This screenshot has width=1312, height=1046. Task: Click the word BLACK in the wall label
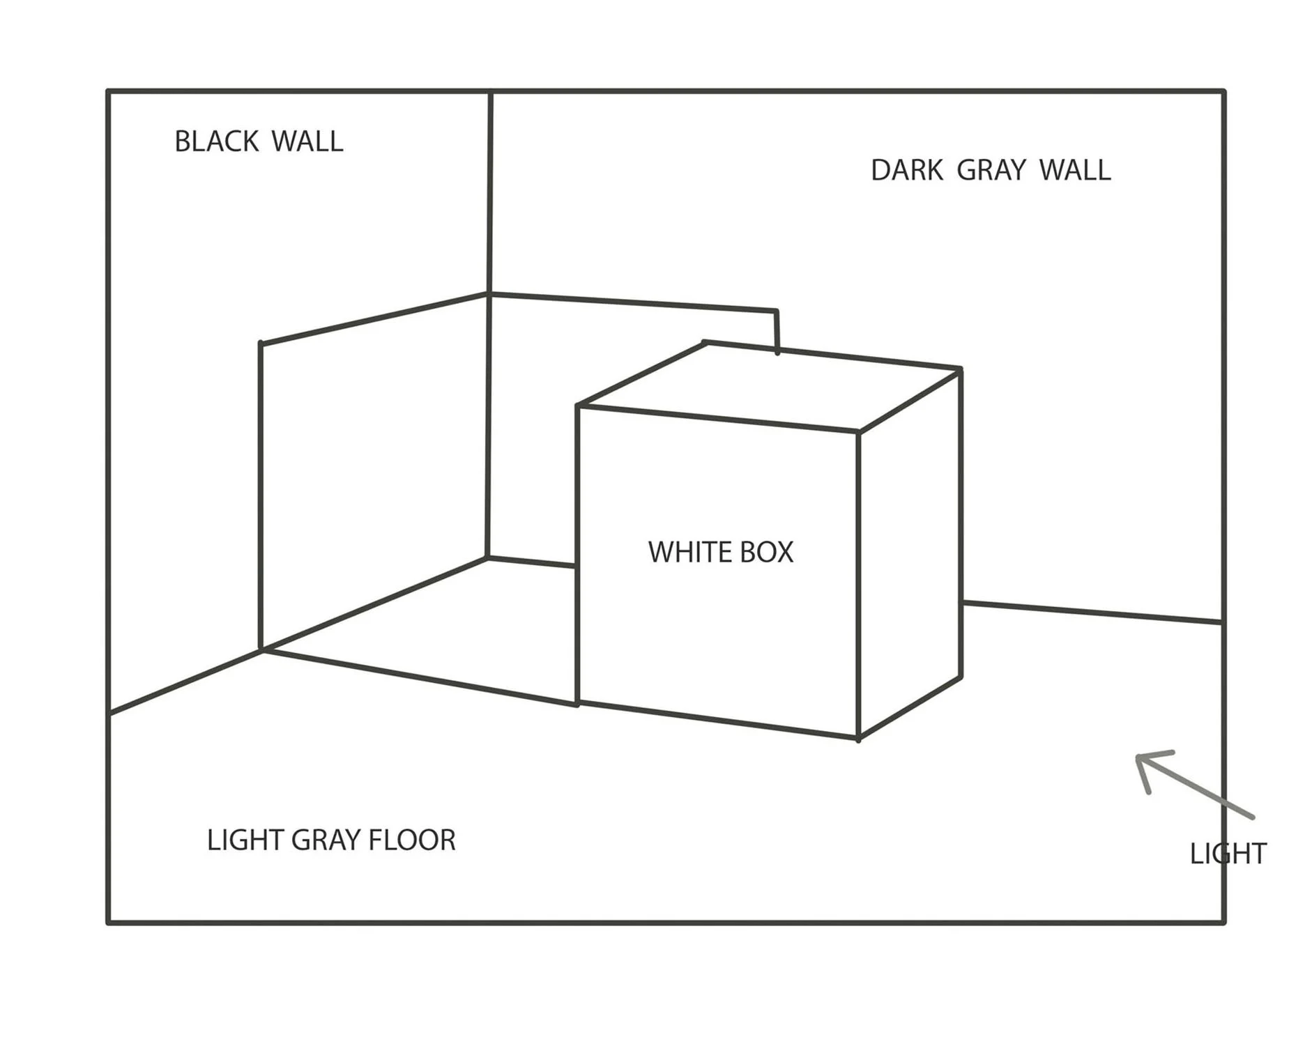pyautogui.click(x=217, y=141)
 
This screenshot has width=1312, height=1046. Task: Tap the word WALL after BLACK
pyautogui.click(x=307, y=141)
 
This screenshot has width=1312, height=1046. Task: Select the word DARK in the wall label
pyautogui.click(x=907, y=171)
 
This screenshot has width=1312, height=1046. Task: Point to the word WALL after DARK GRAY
pyautogui.click(x=1075, y=171)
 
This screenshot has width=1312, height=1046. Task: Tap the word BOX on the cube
pyautogui.click(x=766, y=553)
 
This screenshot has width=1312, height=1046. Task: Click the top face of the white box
pyautogui.click(x=770, y=387)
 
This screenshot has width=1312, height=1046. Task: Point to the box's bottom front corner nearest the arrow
pyautogui.click(x=858, y=738)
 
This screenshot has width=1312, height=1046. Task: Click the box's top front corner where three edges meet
pyautogui.click(x=858, y=433)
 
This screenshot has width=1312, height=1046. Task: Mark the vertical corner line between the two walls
pyautogui.click(x=489, y=324)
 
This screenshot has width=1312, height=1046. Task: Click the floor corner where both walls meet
pyautogui.click(x=487, y=557)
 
